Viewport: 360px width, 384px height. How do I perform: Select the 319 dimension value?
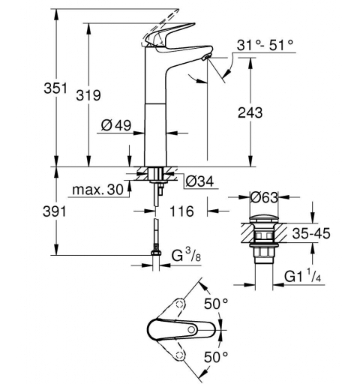click(89, 94)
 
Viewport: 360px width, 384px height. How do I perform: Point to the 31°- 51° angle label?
click(262, 46)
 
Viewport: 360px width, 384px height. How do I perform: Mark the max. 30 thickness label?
click(97, 190)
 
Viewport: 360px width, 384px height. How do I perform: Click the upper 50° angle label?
click(217, 304)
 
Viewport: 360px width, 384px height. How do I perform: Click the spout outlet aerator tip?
click(206, 58)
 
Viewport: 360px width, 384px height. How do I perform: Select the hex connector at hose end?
click(155, 256)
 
